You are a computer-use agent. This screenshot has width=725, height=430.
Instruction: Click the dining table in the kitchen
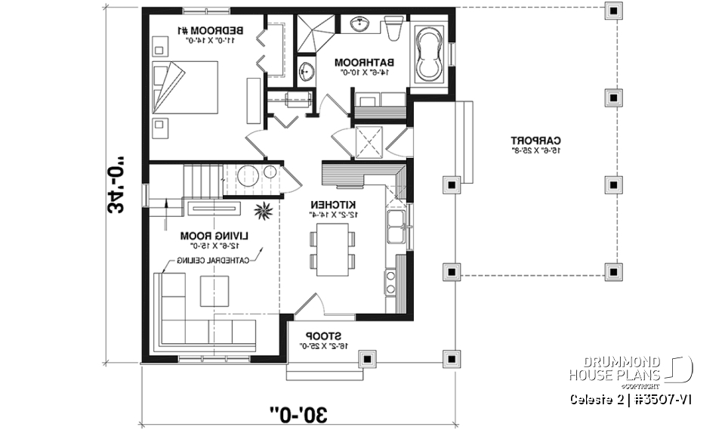tap(330, 249)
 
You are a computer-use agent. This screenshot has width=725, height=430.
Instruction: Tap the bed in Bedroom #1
tap(185, 87)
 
